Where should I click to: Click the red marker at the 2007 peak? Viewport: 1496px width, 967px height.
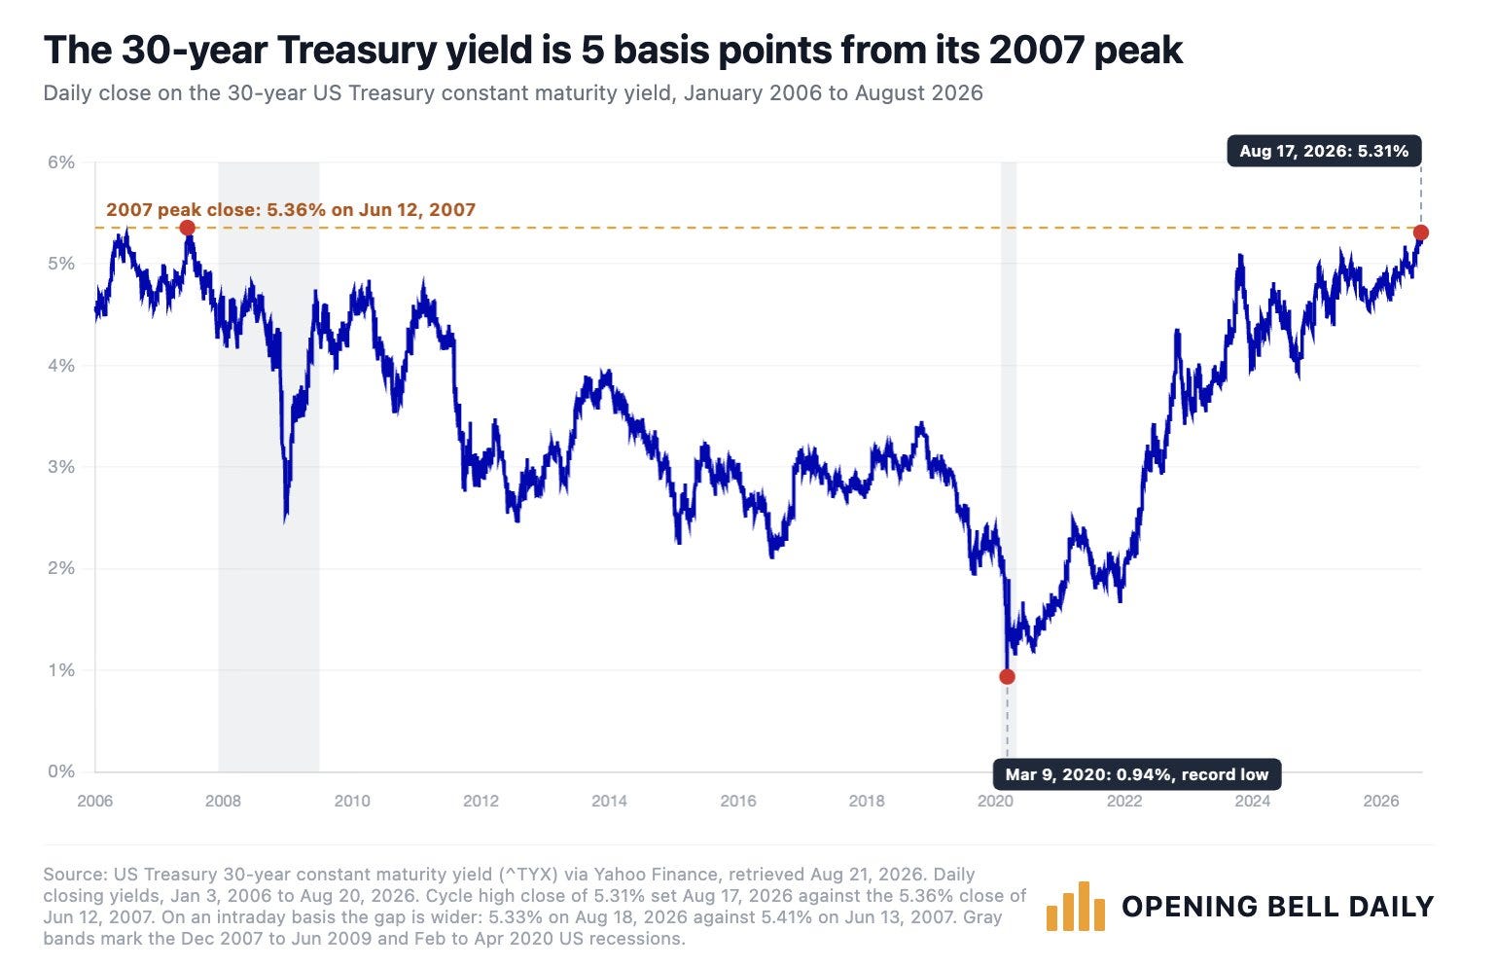coord(188,229)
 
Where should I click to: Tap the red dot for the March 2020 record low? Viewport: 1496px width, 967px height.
coord(1007,677)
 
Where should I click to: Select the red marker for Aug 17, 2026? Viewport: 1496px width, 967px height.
coord(1421,233)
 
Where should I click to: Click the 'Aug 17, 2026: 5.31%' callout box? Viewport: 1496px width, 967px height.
coord(1325,151)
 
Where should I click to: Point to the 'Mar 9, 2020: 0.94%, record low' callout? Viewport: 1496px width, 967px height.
coord(1137,774)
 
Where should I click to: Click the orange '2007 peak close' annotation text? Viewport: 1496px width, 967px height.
coord(291,210)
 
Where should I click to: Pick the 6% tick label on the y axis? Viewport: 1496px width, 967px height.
coord(60,162)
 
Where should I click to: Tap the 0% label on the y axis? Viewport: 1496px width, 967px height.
coord(60,771)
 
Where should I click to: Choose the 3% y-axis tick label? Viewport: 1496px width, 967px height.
coord(60,467)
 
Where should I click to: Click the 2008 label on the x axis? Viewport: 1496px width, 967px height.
coord(223,801)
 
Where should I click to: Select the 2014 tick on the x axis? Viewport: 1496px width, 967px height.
coord(609,801)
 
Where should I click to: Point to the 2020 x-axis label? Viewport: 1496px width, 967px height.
coord(995,801)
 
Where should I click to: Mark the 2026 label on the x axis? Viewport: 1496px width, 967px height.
coord(1381,801)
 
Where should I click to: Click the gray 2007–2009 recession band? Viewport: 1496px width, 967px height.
coord(268,467)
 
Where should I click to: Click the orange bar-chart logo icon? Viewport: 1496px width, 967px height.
coord(1076,907)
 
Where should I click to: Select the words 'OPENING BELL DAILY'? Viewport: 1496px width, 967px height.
coord(1278,907)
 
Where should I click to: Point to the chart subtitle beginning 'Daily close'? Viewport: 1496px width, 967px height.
coord(513,92)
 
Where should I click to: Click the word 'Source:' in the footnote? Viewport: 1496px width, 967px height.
coord(73,875)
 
